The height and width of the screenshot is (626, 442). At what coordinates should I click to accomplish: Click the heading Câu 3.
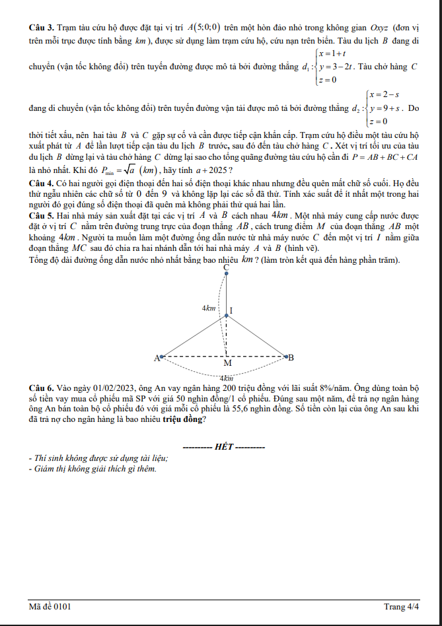[x=42, y=28]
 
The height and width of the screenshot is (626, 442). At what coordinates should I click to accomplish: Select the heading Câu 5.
[x=42, y=215]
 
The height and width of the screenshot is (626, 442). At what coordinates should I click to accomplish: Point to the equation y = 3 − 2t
[x=336, y=67]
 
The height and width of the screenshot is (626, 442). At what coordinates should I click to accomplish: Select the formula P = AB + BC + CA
[x=385, y=158]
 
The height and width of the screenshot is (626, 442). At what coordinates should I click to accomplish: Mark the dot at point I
[x=227, y=315]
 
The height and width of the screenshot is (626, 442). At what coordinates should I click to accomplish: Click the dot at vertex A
[x=163, y=357]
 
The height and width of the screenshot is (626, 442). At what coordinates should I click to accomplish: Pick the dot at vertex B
[x=286, y=357]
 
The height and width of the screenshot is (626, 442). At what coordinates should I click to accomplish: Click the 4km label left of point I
[x=209, y=308]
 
